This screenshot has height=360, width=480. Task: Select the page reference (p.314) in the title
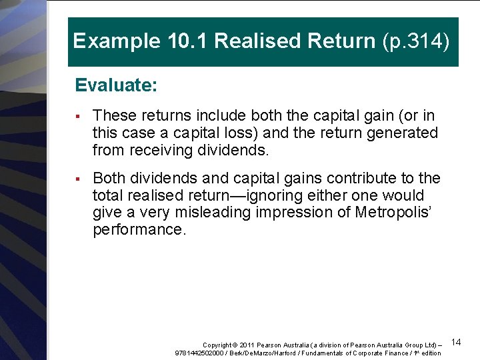coord(417,41)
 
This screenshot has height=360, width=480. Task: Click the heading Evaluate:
coord(116,85)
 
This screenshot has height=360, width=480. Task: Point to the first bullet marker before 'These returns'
coord(78,115)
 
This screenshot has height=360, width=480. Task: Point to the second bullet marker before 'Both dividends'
coord(78,179)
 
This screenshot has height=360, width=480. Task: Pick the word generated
coord(403,133)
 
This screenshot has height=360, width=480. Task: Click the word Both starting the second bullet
coord(109,178)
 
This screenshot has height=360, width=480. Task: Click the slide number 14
coord(456,342)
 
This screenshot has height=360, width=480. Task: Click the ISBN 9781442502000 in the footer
coord(199,353)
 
